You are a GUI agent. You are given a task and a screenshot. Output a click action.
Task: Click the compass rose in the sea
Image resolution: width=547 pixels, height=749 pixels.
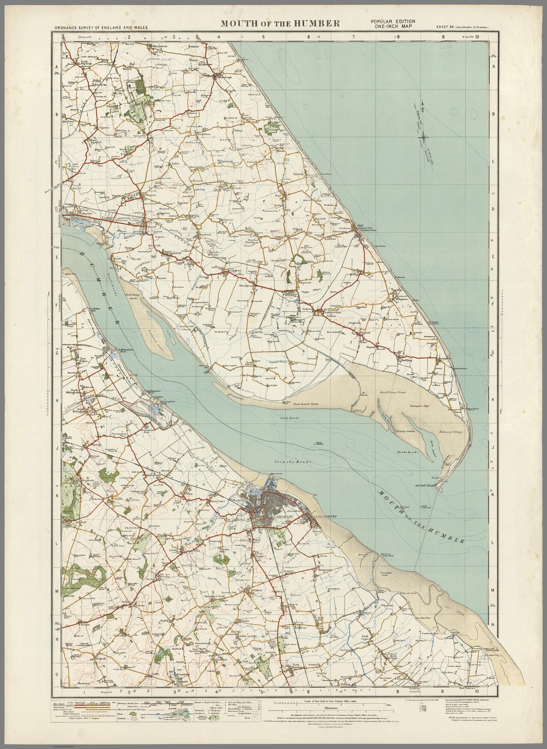click(423, 135)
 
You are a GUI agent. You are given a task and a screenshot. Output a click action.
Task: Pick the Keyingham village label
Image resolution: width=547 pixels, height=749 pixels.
click(234, 271)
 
